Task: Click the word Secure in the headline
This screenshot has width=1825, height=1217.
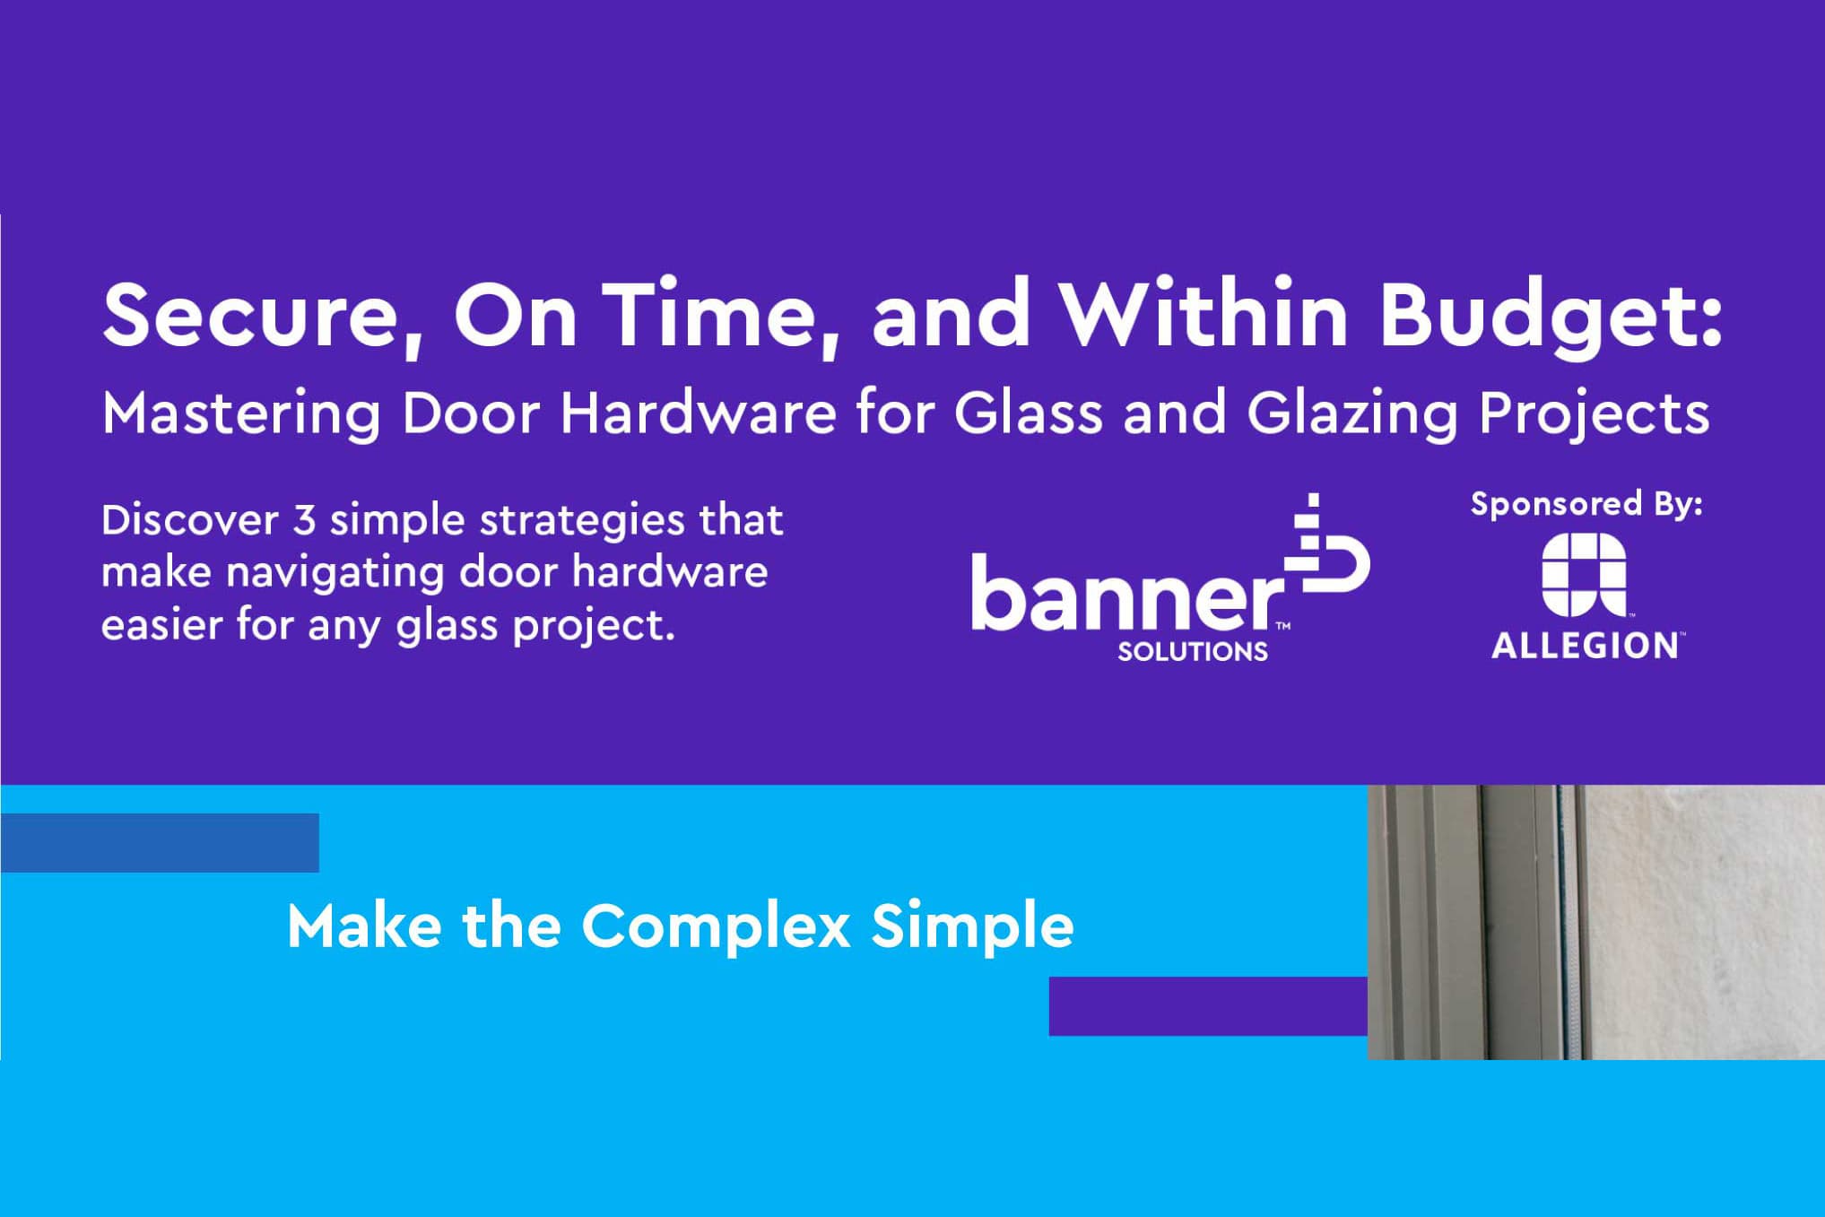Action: click(249, 316)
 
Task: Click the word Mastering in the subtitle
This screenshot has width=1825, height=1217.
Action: click(240, 414)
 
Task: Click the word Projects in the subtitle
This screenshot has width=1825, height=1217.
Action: click(1594, 414)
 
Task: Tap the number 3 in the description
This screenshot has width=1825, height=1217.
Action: click(305, 520)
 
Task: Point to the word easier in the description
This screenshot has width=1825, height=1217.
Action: click(159, 624)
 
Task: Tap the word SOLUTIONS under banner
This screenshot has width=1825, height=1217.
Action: click(1192, 652)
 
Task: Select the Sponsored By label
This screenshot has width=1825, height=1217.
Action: click(1586, 504)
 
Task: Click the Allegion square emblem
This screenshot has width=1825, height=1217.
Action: click(1584, 575)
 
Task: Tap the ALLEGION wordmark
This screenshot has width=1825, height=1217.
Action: click(1585, 646)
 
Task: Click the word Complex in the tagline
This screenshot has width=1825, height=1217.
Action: click(716, 926)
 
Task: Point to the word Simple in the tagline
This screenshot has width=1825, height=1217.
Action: click(972, 926)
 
